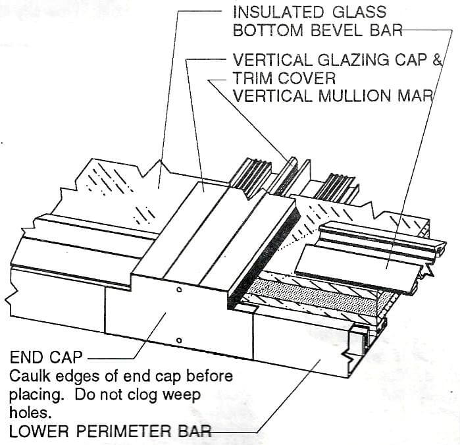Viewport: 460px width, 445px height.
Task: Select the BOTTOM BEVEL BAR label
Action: coord(317,30)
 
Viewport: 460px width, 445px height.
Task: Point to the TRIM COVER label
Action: coord(284,78)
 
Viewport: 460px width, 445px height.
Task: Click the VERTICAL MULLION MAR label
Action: coord(332,95)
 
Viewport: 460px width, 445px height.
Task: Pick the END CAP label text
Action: coord(46,358)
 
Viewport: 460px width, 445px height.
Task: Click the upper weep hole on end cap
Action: coord(179,290)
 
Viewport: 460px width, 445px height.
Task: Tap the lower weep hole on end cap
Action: coord(179,340)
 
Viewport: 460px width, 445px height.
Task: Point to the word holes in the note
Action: coord(28,413)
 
